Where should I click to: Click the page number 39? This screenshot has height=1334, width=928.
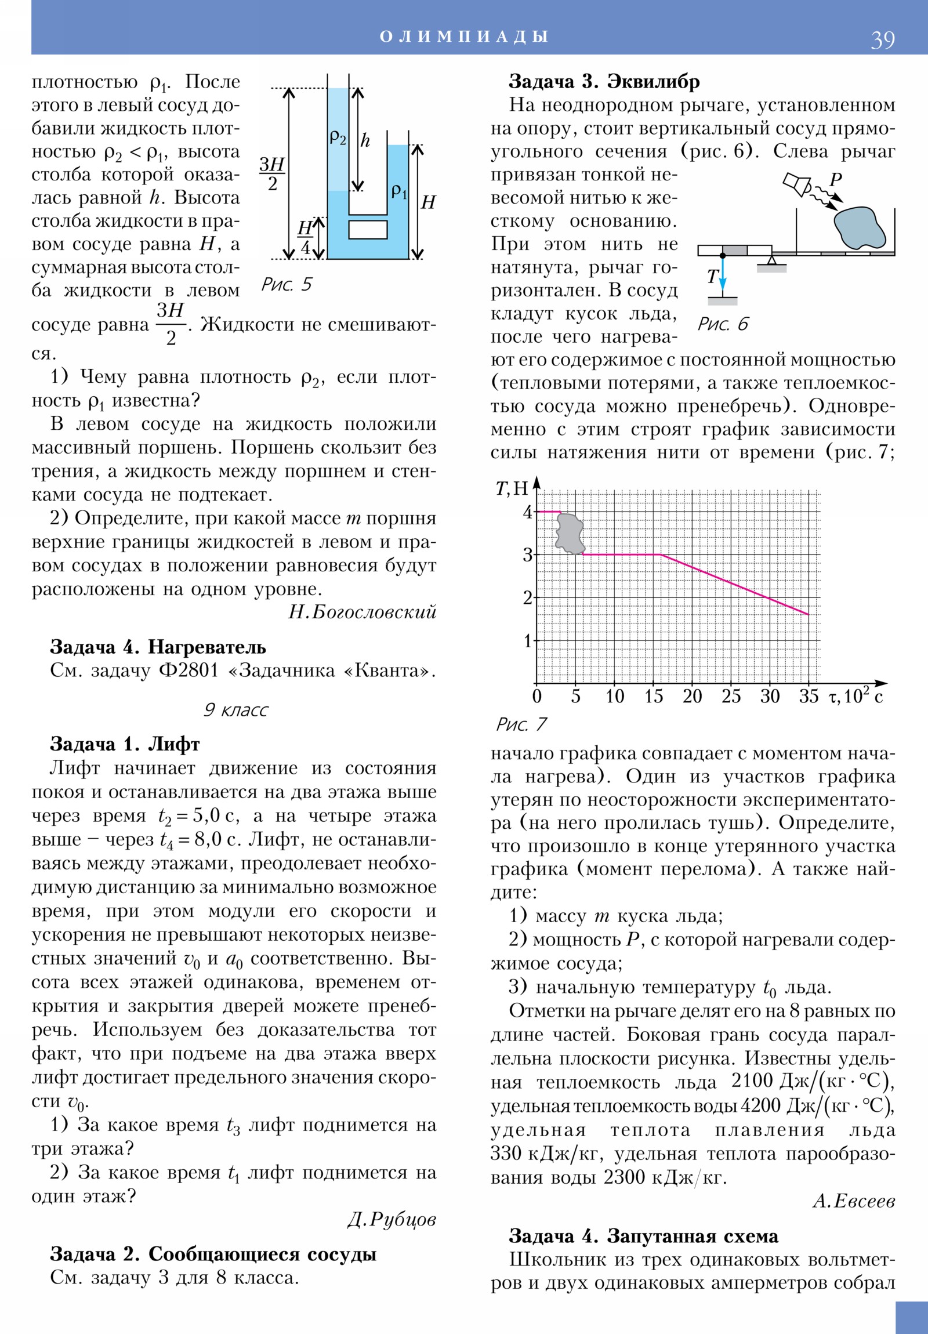click(x=882, y=39)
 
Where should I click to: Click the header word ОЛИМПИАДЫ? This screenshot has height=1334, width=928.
click(x=463, y=36)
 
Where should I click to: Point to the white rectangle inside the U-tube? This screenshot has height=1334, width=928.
click(x=368, y=230)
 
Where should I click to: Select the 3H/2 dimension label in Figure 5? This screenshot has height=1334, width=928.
click(x=272, y=174)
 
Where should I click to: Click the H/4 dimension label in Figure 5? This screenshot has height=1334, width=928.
click(x=305, y=238)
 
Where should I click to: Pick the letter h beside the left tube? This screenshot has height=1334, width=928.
click(x=365, y=140)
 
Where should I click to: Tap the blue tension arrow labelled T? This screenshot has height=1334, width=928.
click(x=722, y=276)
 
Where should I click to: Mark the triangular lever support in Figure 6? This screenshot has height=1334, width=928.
click(x=771, y=260)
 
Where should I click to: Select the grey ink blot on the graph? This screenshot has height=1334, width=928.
click(x=570, y=534)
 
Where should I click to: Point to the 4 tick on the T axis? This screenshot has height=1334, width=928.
click(x=527, y=513)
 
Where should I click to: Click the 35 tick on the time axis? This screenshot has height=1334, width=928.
click(x=809, y=697)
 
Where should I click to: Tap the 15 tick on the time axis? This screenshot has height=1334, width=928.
click(x=653, y=697)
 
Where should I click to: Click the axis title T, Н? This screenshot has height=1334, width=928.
click(x=512, y=488)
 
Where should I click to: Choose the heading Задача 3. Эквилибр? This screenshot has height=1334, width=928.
click(x=604, y=81)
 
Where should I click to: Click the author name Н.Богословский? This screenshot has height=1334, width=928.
click(x=362, y=612)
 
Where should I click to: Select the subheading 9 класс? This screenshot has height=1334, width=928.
click(x=235, y=710)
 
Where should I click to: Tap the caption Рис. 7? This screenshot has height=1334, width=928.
click(x=521, y=724)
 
